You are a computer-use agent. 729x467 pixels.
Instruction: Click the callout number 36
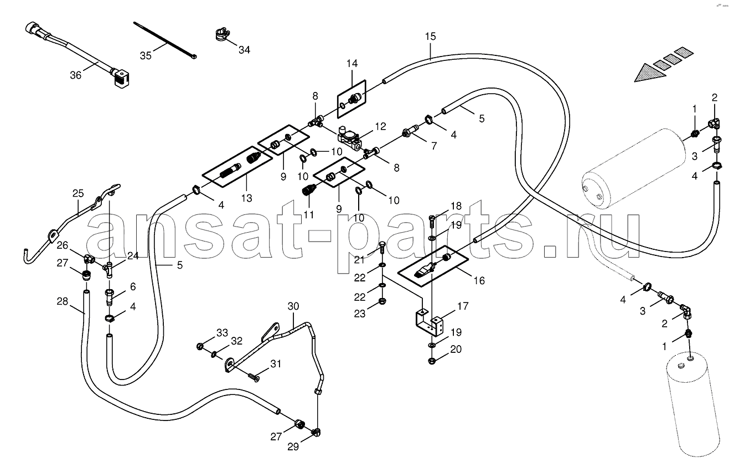click(x=75, y=75)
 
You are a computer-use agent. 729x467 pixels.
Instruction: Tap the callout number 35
click(x=146, y=56)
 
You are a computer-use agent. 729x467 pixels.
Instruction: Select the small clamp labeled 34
click(x=223, y=35)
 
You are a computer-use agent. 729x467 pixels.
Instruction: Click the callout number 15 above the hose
click(x=430, y=36)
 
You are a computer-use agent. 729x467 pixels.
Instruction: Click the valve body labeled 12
click(x=349, y=139)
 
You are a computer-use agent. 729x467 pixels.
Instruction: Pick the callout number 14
click(x=352, y=63)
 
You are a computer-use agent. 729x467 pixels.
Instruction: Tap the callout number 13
click(x=246, y=198)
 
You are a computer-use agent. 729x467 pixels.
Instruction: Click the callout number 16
click(x=479, y=280)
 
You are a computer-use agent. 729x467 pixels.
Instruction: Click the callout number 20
click(x=456, y=349)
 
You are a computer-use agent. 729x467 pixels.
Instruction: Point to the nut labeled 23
click(x=382, y=301)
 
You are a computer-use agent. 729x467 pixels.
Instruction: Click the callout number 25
click(x=78, y=193)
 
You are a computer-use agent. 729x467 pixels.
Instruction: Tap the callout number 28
click(x=62, y=301)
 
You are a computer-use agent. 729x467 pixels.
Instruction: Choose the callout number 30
click(x=293, y=306)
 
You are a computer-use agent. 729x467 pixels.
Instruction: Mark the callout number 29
click(x=293, y=447)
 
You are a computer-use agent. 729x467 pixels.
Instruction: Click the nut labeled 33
click(x=200, y=346)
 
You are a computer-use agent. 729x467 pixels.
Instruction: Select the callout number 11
click(x=308, y=214)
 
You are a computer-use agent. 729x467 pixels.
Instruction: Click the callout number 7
click(x=434, y=146)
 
